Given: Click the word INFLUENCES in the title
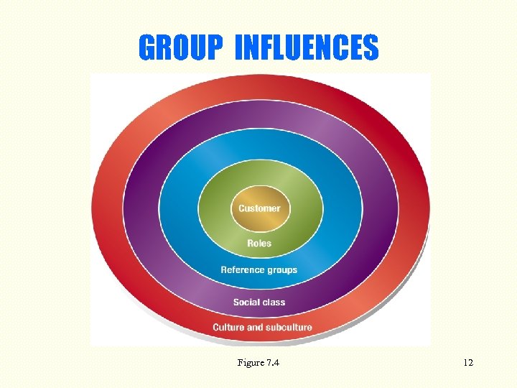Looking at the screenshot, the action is pos(307,48).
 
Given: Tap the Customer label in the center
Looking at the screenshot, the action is pos(259,208).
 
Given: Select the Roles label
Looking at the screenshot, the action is pos(259,244).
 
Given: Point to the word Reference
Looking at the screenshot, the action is pos(243,270).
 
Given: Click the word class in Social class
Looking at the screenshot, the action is pos(274,302).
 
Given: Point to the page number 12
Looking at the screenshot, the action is pos(468,363).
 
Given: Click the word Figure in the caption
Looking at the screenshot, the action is pos(249,363).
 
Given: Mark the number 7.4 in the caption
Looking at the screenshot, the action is pos(271,363).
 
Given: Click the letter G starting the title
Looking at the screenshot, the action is pos(148,48).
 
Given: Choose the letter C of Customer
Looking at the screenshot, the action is pos(242,208).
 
